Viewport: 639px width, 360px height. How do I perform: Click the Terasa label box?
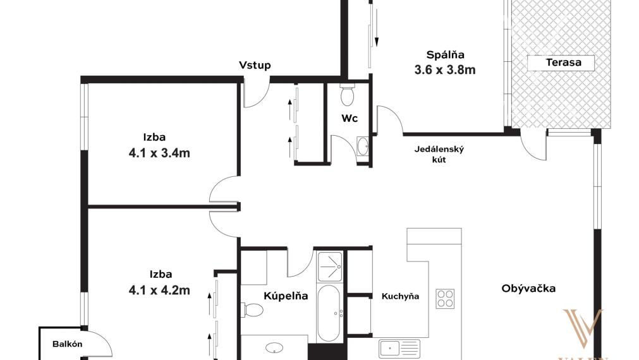[x=562, y=63]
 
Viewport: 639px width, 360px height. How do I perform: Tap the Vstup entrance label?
[x=255, y=65]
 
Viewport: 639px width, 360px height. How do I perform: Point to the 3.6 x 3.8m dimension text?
[x=444, y=70]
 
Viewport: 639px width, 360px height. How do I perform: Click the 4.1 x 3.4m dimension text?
[x=159, y=152]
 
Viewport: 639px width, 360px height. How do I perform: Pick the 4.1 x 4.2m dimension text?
[x=159, y=291]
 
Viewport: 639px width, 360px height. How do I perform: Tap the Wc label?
[x=350, y=118]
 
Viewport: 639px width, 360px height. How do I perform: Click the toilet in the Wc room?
[x=347, y=95]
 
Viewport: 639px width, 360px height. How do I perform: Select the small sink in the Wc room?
[x=363, y=147]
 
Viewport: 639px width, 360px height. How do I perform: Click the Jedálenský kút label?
[x=439, y=155]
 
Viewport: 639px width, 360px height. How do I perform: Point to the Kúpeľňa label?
[x=285, y=296]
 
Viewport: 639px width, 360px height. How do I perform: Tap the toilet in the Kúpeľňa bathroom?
[x=252, y=310]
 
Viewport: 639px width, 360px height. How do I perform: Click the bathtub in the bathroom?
[x=329, y=313]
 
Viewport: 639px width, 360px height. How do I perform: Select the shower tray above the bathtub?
[x=329, y=266]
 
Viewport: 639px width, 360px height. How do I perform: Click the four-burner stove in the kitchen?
[x=445, y=299]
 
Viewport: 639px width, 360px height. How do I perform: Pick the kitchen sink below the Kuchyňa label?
[x=399, y=347]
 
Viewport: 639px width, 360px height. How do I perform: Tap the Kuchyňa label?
[x=400, y=296]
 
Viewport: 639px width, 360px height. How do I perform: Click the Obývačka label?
[x=528, y=289]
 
